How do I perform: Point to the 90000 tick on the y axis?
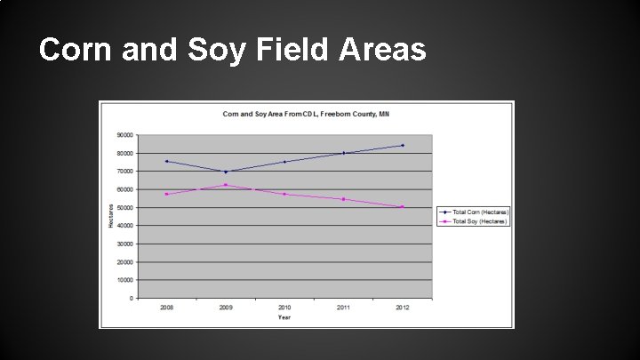125,135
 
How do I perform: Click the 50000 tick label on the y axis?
125,207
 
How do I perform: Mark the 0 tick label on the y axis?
132,298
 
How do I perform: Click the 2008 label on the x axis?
166,307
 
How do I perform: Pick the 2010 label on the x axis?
284,307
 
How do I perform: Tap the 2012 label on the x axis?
403,307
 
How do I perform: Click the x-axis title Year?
284,316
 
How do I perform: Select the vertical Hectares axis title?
111,216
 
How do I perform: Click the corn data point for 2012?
403,145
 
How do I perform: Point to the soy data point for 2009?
226,185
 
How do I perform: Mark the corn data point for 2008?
166,161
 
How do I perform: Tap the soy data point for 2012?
403,207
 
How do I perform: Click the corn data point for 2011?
344,153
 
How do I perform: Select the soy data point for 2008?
166,194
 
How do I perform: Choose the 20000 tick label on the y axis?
125,261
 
